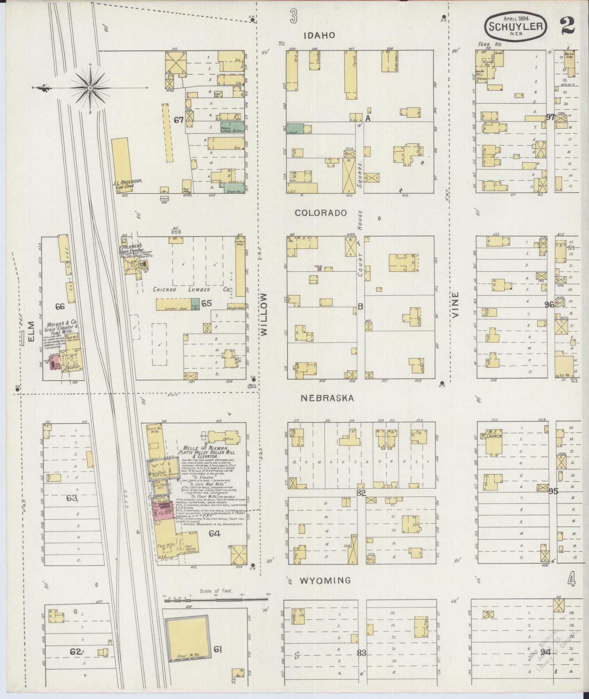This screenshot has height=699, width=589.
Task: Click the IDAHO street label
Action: (x=320, y=35)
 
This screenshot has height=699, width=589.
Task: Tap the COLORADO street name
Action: (x=321, y=213)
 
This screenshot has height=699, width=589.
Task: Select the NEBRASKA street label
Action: (x=327, y=398)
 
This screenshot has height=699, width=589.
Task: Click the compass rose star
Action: (x=90, y=87)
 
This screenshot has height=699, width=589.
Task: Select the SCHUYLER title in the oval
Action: (x=516, y=26)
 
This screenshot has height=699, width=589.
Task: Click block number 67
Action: (x=178, y=120)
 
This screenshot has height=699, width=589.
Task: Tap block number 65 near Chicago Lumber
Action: (x=207, y=303)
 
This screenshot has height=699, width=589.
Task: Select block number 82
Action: (x=361, y=493)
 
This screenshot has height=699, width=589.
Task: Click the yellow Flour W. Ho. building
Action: (x=189, y=639)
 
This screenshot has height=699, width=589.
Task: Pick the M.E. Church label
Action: (x=494, y=435)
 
